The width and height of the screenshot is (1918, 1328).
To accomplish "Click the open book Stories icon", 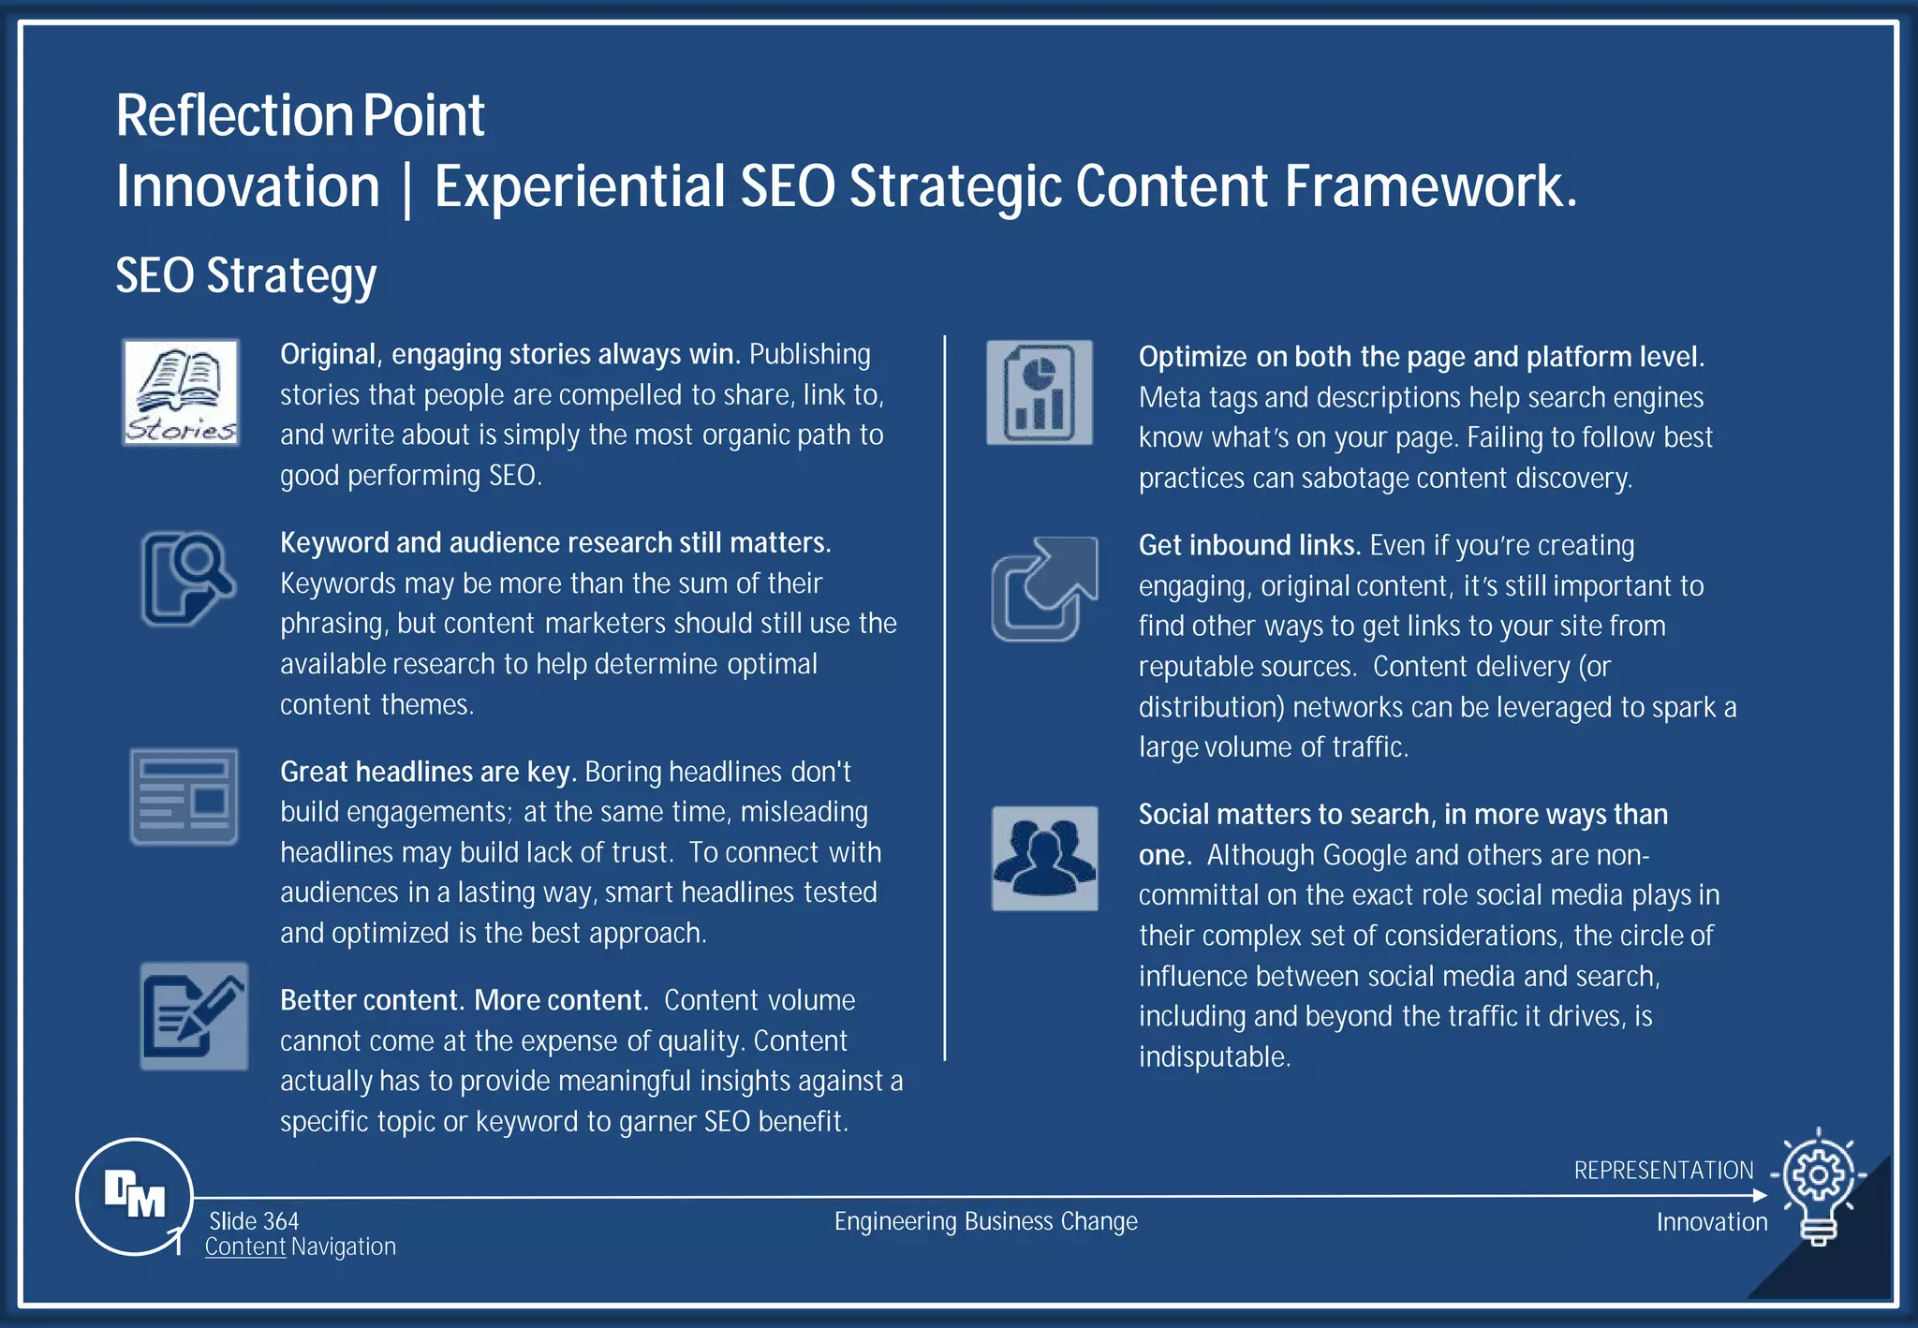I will pos(181,392).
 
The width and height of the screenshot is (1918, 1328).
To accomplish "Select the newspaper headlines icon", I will pos(184,797).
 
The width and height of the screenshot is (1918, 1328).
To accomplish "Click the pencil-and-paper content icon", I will pos(194,1016).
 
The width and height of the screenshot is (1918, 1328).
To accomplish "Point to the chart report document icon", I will pos(1040,392).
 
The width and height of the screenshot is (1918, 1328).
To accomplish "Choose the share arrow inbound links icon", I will pos(1044,589).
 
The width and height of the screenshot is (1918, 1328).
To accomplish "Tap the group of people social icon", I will pos(1044,858).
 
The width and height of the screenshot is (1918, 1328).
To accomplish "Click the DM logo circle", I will pos(135,1196).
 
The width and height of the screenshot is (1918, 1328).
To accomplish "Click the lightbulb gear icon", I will pos(1819,1186).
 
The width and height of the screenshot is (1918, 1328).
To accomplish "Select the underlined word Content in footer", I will pos(245,1247).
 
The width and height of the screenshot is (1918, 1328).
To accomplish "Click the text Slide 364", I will pos(254,1221).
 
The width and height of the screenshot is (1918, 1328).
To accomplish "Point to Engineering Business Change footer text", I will pos(985,1221).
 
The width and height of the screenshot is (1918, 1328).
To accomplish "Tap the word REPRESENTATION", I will pos(1663,1171).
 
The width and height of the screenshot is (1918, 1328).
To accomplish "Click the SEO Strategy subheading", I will pos(246,275).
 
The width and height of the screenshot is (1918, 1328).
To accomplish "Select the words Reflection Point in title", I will pos(301,116).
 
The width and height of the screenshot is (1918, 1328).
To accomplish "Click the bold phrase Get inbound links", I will pos(1248,545).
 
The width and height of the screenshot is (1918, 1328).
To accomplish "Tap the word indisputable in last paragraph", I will pos(1214,1056).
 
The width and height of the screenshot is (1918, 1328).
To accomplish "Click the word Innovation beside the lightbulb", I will pos(1711,1222).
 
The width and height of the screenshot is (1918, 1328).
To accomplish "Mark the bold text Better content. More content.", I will pos(464,1000).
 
